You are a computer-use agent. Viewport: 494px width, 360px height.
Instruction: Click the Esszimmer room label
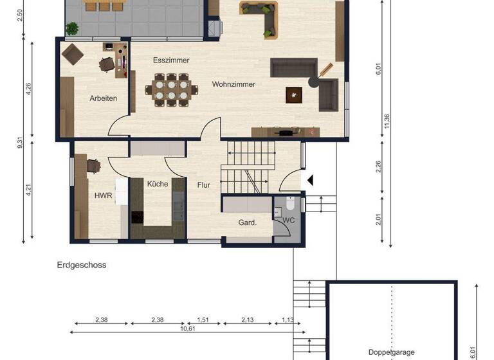171,60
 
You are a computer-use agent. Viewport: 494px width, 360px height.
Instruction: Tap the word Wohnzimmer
233,84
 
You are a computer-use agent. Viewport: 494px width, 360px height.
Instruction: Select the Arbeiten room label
103,98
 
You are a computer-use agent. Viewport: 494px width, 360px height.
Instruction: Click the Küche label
158,184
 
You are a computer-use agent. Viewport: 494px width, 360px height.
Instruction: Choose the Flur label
204,185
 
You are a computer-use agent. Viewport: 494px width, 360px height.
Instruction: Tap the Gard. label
248,223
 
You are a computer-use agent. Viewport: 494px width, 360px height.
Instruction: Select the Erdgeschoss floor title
80,265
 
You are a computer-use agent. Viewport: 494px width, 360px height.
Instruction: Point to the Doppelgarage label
390,352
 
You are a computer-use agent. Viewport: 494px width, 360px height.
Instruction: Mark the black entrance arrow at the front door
309,181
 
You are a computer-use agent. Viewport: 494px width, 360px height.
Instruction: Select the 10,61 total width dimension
188,328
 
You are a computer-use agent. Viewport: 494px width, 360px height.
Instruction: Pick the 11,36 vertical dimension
387,121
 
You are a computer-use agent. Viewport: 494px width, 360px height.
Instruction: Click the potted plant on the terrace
72,28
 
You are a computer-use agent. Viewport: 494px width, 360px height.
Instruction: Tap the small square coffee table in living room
295,94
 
